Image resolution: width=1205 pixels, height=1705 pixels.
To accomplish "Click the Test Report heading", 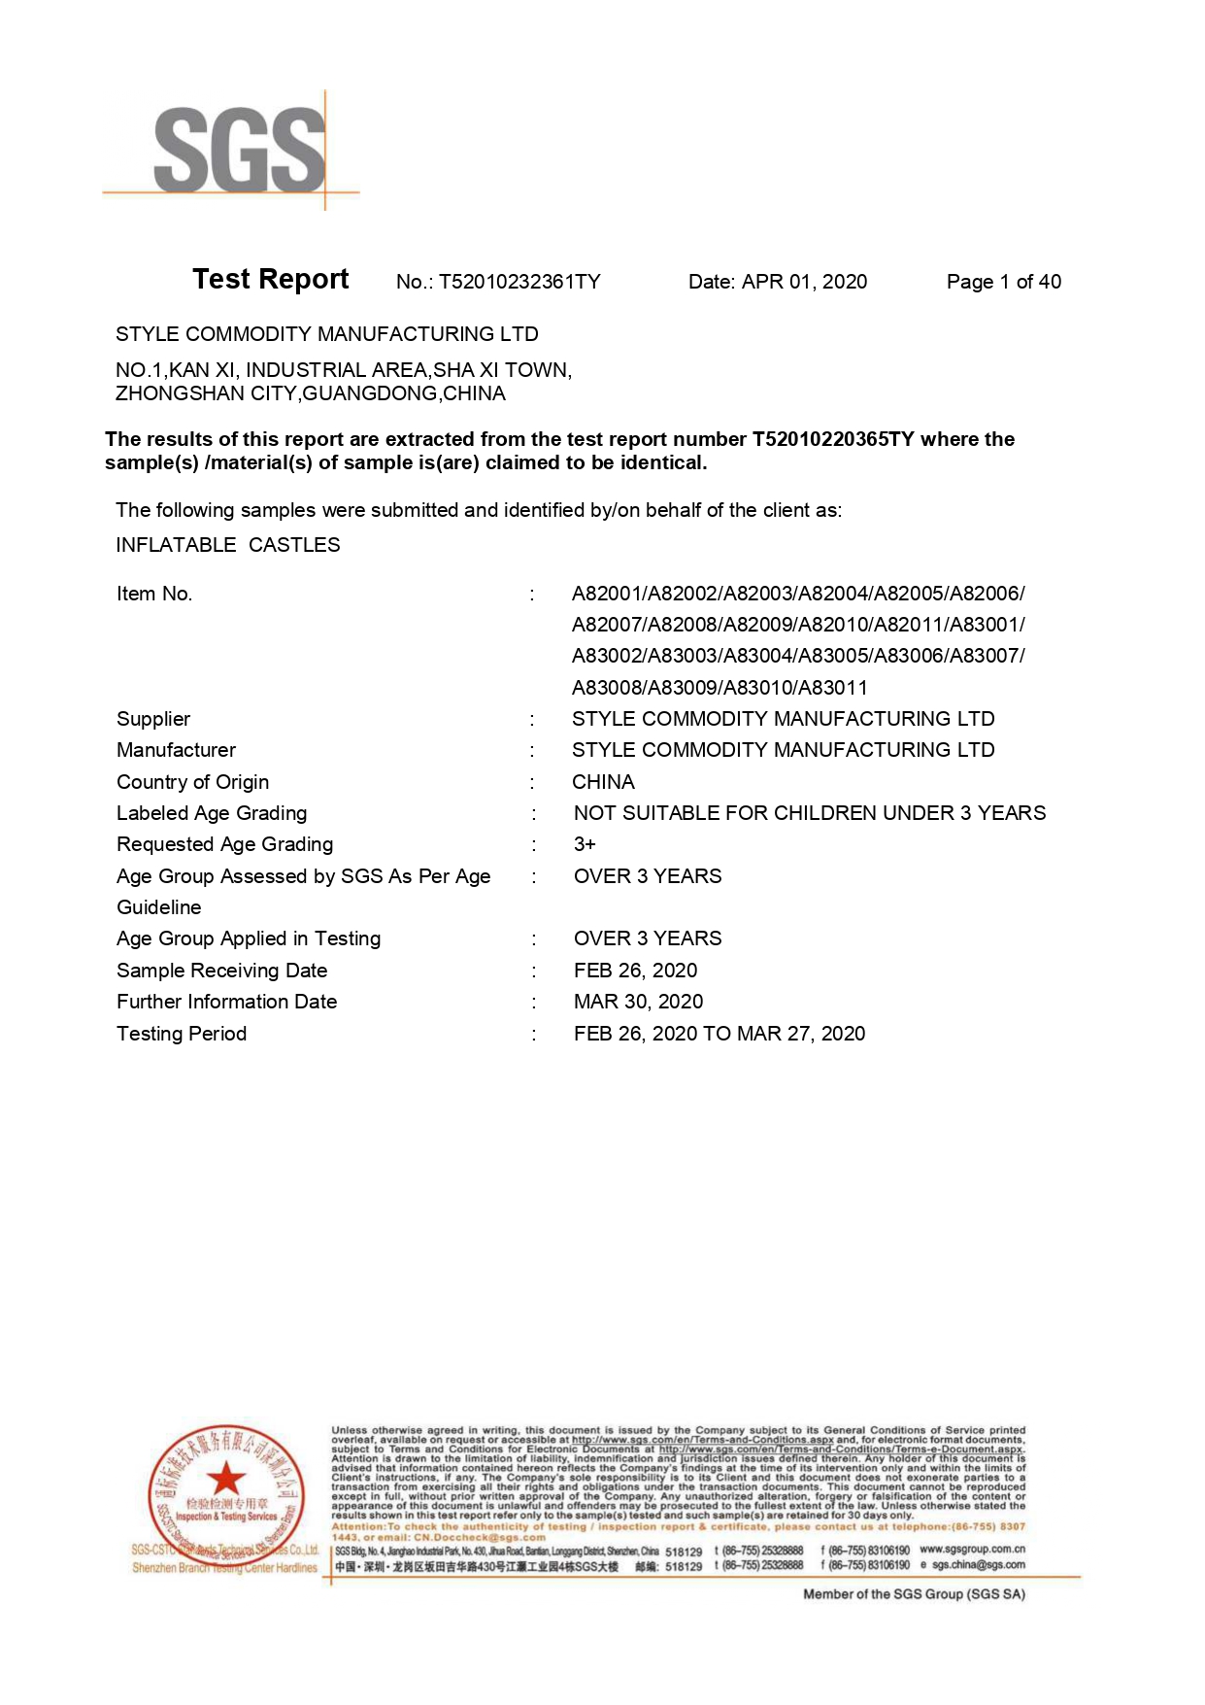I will pyautogui.click(x=270, y=280).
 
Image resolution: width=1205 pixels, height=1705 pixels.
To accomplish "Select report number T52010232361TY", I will pyautogui.click(x=519, y=282).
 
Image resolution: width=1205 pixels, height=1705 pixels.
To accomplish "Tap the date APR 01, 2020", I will pyautogui.click(x=804, y=282).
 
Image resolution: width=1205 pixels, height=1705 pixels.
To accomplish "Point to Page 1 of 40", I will pyautogui.click(x=1003, y=282).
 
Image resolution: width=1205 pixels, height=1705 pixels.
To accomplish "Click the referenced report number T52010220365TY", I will pyautogui.click(x=833, y=439).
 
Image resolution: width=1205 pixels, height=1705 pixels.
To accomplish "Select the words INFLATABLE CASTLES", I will pyautogui.click(x=228, y=545).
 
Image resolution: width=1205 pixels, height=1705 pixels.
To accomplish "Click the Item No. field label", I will pyautogui.click(x=154, y=594).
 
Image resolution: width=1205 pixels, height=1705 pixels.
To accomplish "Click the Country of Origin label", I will pyautogui.click(x=192, y=782).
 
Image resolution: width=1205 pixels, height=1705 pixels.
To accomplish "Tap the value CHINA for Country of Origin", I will pyautogui.click(x=603, y=782).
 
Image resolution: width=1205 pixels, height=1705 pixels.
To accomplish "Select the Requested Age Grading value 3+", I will pyautogui.click(x=585, y=844).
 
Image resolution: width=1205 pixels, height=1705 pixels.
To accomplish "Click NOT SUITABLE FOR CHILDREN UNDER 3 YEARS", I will pyautogui.click(x=810, y=813).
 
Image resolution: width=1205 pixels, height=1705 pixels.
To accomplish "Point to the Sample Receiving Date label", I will pyautogui.click(x=221, y=971).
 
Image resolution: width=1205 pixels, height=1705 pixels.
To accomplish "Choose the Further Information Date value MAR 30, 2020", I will pyautogui.click(x=638, y=1002).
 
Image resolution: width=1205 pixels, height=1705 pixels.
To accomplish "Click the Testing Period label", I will pyautogui.click(x=182, y=1034).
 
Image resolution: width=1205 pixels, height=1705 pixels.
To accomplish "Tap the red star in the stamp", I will pyautogui.click(x=226, y=1479).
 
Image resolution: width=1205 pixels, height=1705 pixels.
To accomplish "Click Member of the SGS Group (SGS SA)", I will pyautogui.click(x=914, y=1594).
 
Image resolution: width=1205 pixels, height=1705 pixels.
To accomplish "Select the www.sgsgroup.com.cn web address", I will pyautogui.click(x=972, y=1550).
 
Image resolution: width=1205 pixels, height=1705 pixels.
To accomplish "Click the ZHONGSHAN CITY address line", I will pyautogui.click(x=311, y=393).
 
